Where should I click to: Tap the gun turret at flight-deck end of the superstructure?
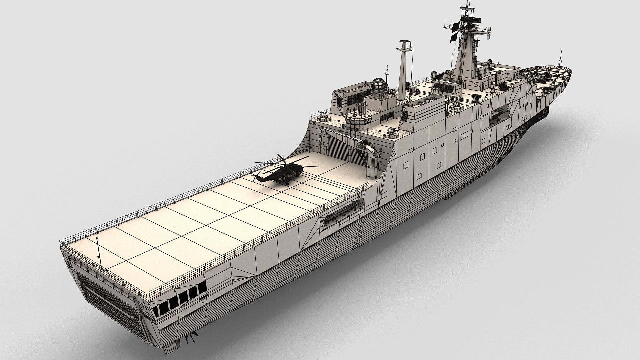(390, 133)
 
